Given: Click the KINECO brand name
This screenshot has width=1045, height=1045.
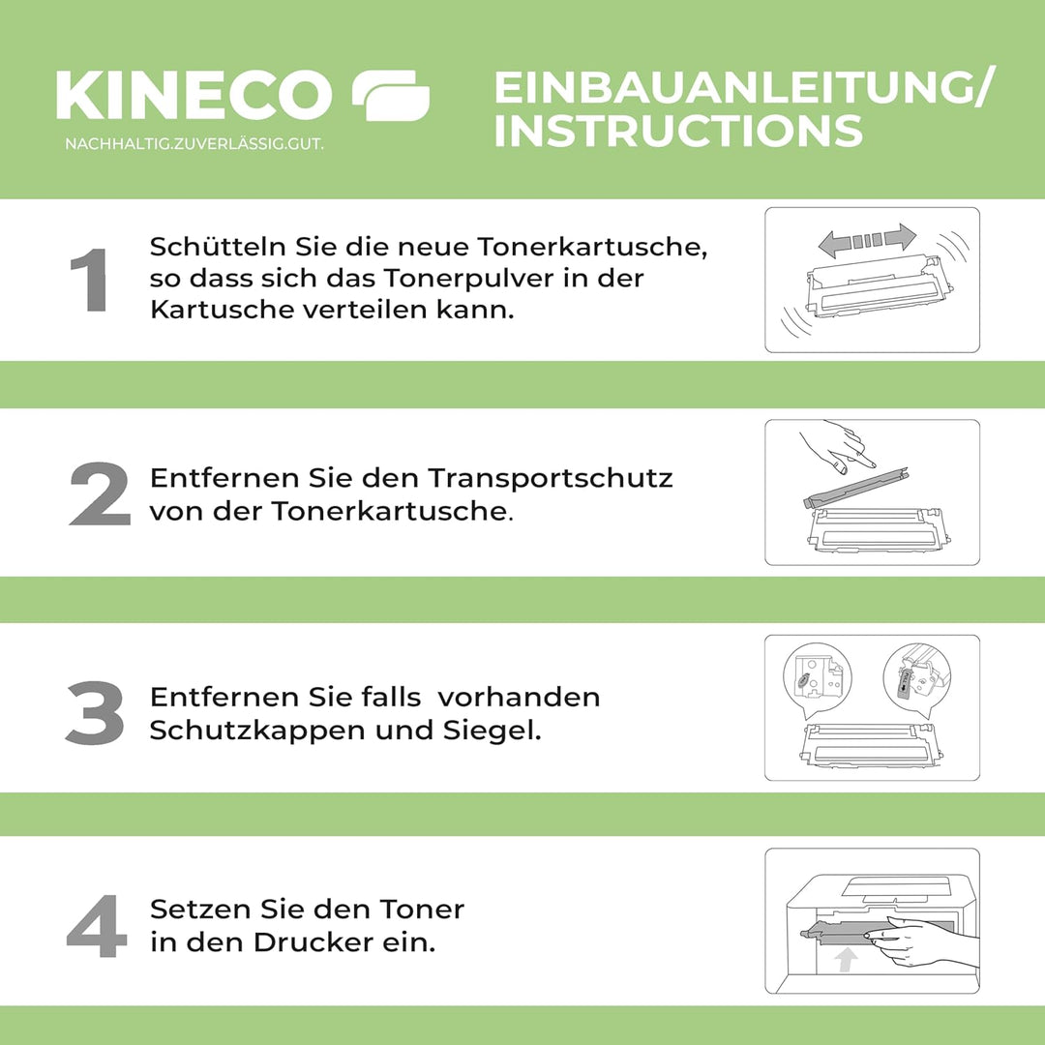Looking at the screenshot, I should [x=194, y=96].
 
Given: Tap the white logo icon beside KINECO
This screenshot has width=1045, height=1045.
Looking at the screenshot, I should [x=390, y=96].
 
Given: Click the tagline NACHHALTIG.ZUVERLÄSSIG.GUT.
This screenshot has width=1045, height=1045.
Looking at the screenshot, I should [x=194, y=144].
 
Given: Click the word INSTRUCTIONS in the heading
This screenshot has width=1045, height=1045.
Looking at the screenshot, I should [x=677, y=131].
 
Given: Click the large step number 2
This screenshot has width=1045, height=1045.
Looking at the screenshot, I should [x=99, y=494].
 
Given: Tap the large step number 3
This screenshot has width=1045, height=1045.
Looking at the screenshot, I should [x=95, y=713].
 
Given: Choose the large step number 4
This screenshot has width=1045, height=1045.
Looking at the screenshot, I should [x=97, y=927].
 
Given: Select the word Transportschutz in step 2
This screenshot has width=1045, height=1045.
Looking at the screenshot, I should [x=551, y=479].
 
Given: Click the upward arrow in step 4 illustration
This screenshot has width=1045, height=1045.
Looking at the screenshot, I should [x=847, y=960].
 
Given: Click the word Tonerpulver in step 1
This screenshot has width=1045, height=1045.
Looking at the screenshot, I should [x=471, y=279].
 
